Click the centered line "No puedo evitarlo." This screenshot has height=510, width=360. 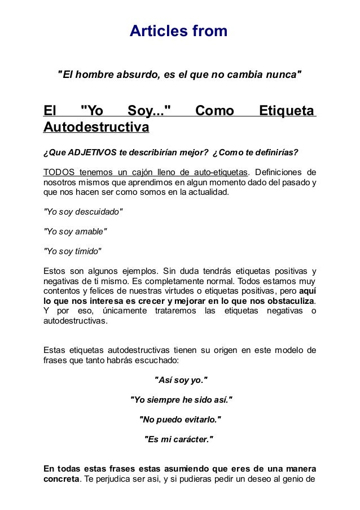(x=180, y=420)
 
